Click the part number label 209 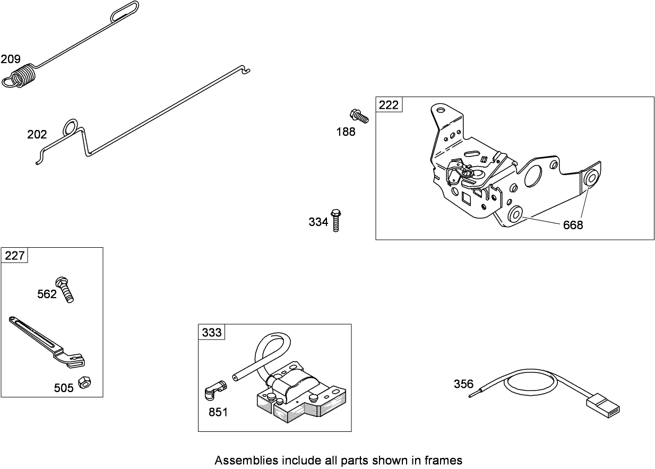[x=11, y=59]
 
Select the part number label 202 [x=37, y=135]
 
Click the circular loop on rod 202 [x=70, y=127]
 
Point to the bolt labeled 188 [x=359, y=116]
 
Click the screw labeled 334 [x=335, y=220]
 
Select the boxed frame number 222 [x=389, y=105]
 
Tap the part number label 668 [x=573, y=225]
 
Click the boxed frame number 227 [x=14, y=256]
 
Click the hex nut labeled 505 [x=83, y=382]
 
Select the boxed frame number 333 [x=212, y=333]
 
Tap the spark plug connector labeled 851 [x=215, y=393]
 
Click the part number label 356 [x=463, y=384]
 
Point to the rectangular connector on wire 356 [x=602, y=406]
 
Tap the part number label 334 [x=318, y=222]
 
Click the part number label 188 [x=346, y=132]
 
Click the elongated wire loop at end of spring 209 [x=125, y=11]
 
